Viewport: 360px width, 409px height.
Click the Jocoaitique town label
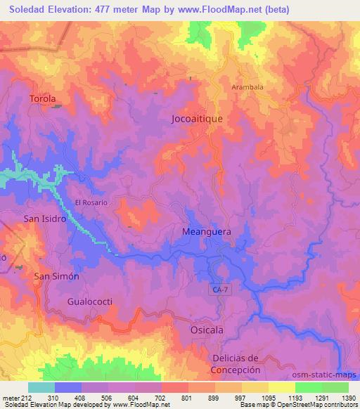tap(197, 119)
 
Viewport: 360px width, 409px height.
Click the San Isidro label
tap(45, 219)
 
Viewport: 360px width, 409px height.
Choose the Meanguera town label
tap(207, 230)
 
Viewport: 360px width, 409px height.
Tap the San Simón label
tap(57, 276)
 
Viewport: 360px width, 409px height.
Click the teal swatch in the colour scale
tap(41, 387)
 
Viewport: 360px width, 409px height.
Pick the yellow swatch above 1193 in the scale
tap(281, 387)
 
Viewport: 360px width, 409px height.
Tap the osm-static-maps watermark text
tap(325, 377)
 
